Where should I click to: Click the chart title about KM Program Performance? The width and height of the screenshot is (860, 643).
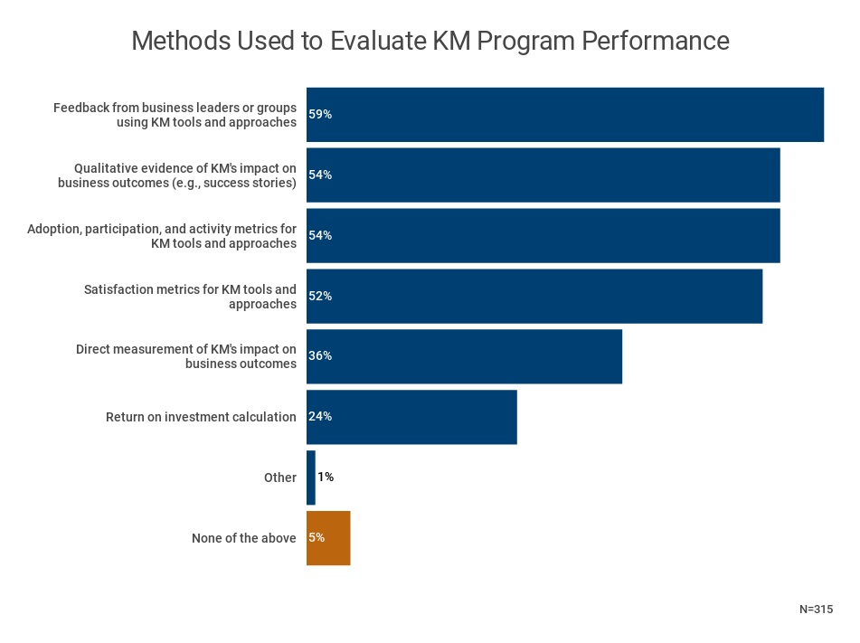pos(430,42)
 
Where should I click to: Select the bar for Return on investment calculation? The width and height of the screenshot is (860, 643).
pos(411,417)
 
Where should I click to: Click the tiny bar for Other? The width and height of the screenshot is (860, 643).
pos(310,478)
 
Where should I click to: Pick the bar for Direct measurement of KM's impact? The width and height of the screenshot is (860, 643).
pos(464,356)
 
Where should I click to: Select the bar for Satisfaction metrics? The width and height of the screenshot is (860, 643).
pos(534,296)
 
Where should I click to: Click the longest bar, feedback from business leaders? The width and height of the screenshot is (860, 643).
pos(564,115)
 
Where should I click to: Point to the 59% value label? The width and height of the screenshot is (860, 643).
pos(320,115)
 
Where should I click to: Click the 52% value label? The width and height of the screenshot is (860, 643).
pos(320,296)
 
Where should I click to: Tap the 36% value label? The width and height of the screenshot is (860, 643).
pos(320,356)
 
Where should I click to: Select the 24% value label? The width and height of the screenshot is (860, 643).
pos(320,417)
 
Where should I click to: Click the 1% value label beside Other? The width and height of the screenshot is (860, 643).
pos(326,478)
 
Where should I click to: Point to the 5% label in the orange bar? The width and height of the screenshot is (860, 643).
pos(317,537)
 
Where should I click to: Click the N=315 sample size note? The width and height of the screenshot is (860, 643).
pos(816,610)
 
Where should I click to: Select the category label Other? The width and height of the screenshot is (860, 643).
pos(279,478)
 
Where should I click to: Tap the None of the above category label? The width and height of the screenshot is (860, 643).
pos(243,538)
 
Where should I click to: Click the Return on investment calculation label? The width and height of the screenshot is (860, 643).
pos(201,417)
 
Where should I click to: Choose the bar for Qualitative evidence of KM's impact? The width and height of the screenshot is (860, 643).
pos(543,175)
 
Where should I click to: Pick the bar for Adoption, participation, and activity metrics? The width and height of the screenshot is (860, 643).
pos(543,236)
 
